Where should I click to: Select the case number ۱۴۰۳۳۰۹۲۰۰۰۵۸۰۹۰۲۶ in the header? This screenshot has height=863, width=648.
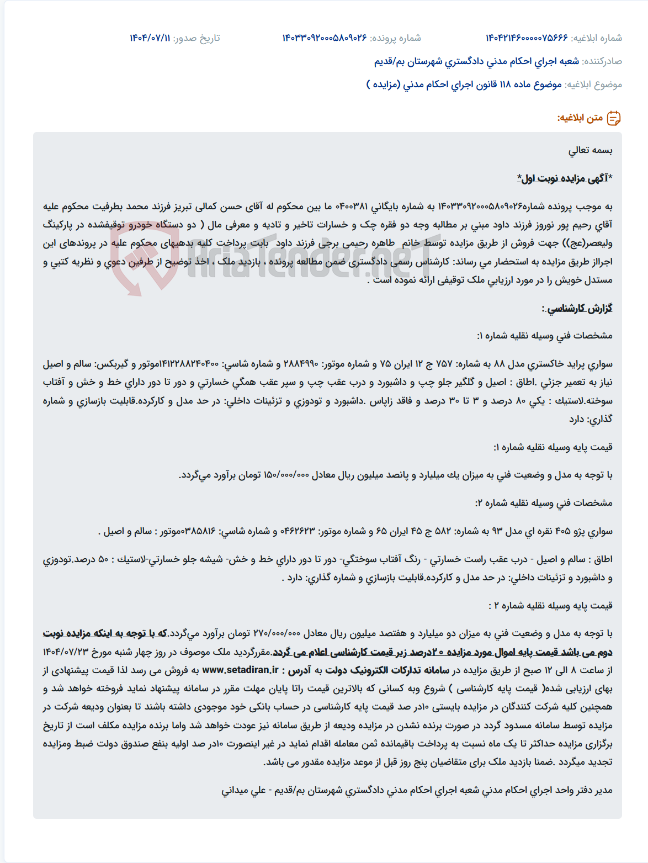[325, 38]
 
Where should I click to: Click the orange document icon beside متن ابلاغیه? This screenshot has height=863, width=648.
[614, 118]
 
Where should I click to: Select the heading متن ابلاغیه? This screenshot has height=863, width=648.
[580, 118]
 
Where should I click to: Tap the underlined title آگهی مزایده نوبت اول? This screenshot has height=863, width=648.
[564, 178]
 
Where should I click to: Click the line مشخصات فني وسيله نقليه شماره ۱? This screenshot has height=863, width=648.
[544, 336]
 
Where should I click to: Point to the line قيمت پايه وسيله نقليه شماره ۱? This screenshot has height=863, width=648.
[553, 447]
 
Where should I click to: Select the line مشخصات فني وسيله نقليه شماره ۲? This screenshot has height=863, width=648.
[544, 503]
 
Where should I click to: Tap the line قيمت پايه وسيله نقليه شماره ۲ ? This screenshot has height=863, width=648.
[550, 606]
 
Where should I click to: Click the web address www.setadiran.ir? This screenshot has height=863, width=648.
[240, 670]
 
